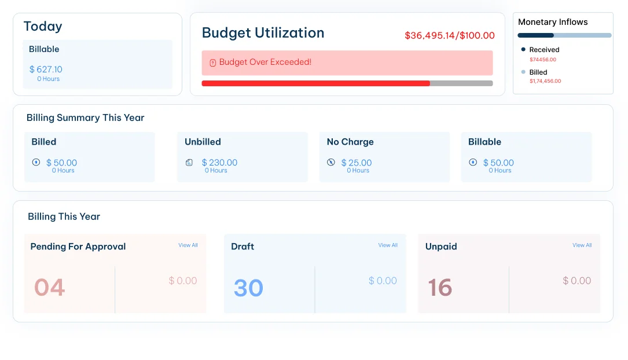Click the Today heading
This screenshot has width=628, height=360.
click(43, 27)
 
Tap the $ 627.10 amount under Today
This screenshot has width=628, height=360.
click(46, 69)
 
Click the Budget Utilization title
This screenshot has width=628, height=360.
click(263, 33)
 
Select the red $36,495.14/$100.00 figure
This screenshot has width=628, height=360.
click(449, 35)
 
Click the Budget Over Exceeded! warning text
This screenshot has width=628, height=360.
click(265, 62)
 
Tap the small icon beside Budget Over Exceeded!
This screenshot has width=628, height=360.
click(212, 63)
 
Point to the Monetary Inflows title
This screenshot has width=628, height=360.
click(553, 22)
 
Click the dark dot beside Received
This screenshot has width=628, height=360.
click(523, 49)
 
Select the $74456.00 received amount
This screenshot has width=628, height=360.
click(543, 60)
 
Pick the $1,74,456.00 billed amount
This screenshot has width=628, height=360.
click(545, 81)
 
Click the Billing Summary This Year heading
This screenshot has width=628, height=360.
click(85, 117)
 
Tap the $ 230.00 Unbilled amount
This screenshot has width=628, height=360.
click(219, 163)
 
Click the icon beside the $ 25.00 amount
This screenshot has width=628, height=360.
click(331, 162)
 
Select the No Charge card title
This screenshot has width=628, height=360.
click(350, 142)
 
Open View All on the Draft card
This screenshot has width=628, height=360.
click(388, 245)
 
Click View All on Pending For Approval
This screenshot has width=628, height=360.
click(188, 245)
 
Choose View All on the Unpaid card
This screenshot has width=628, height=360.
click(582, 245)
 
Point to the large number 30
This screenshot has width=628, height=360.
click(248, 288)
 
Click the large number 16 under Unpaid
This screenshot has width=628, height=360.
click(440, 288)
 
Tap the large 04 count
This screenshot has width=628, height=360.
click(49, 288)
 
